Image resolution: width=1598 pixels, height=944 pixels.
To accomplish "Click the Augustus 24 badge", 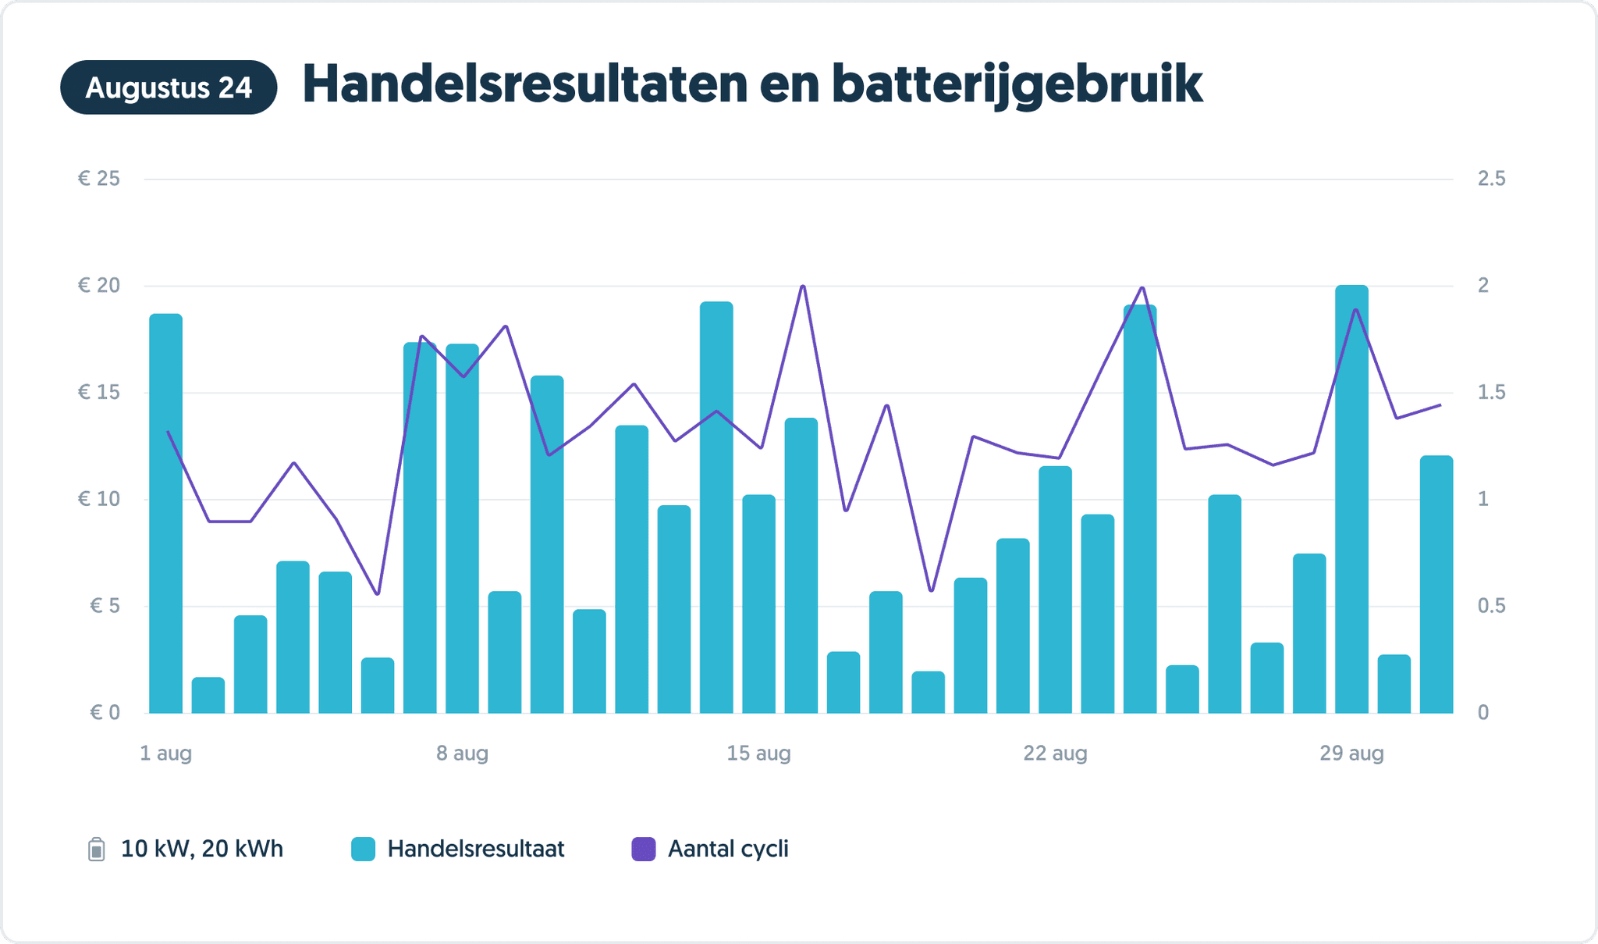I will pos(169,87).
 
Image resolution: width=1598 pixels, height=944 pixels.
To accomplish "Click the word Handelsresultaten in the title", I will pos(524,84).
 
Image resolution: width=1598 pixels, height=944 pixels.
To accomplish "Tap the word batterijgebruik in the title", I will pos(1016,84).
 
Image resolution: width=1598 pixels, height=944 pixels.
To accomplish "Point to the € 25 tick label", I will pos(99,179).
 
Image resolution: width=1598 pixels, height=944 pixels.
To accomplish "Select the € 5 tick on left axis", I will pos(105,606).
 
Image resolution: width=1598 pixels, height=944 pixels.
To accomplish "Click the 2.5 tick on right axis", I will pos(1491,179).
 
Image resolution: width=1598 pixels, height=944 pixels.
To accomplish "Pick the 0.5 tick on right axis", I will pos(1491,606).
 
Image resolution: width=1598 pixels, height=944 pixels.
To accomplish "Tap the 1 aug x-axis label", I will pos(165,753).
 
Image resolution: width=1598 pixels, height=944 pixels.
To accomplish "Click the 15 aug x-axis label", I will pos(758,753).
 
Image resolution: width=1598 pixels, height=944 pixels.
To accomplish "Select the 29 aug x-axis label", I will pos(1351,753).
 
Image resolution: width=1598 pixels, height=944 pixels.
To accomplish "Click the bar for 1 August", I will pos(166,515).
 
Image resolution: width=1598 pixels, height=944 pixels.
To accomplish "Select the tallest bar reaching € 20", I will pos(1351,500).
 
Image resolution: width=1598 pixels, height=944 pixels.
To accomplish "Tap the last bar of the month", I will pos(1436,586).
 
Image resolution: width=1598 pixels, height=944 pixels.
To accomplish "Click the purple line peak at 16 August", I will pos(803,287).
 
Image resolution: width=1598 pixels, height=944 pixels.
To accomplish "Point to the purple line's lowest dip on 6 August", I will pos(378,593).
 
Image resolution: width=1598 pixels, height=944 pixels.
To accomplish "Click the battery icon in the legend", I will pos(96,849).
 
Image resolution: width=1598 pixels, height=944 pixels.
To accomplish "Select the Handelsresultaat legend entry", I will pos(475,849).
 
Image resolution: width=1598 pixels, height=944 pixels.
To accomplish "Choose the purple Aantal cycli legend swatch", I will pos(643,849).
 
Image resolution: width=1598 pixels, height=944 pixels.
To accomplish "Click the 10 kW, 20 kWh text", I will pos(202,849).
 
